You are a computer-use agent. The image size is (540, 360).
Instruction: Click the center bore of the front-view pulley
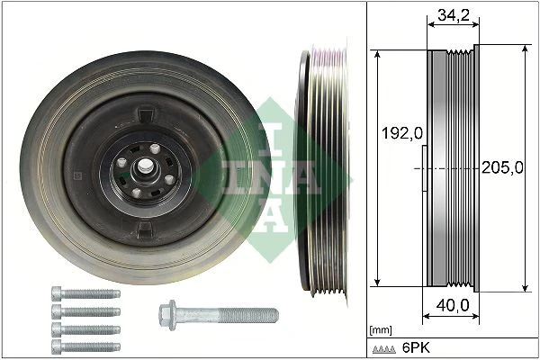click(144, 167)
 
